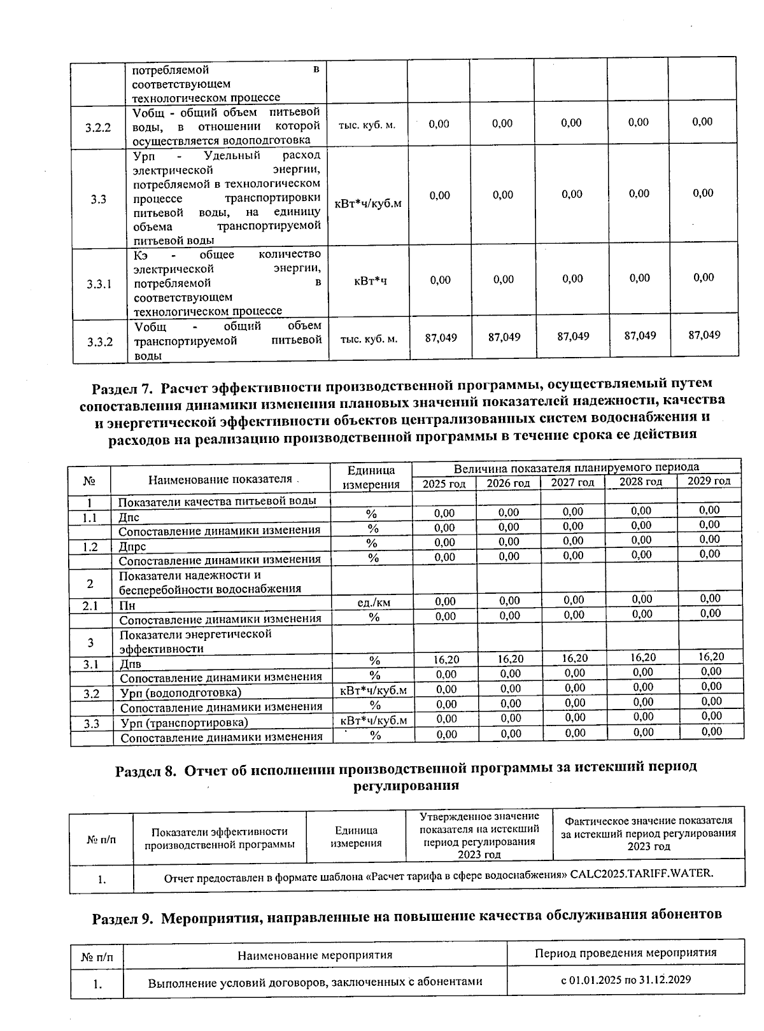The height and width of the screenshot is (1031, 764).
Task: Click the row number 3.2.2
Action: click(98, 127)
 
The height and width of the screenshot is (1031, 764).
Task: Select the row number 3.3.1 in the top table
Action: click(99, 284)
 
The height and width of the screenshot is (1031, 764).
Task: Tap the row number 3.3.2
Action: click(100, 342)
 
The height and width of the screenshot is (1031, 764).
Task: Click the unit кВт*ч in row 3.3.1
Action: click(371, 281)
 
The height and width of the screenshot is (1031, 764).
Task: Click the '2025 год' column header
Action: click(444, 484)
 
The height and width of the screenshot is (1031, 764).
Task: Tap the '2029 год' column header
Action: click(709, 480)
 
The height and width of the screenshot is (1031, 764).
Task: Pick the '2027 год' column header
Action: click(572, 482)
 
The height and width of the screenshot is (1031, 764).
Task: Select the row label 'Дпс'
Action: click(129, 517)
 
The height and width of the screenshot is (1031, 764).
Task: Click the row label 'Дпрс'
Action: click(132, 547)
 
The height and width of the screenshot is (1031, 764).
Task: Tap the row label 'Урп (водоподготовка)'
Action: click(181, 692)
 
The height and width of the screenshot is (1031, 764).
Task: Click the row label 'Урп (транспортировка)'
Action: click(184, 722)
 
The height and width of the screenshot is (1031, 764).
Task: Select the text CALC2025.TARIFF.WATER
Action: click(642, 873)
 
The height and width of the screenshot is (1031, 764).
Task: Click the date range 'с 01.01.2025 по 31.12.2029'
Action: click(625, 979)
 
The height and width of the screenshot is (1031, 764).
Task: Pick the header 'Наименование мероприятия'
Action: click(315, 955)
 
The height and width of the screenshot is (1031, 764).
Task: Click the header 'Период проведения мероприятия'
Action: click(625, 953)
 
